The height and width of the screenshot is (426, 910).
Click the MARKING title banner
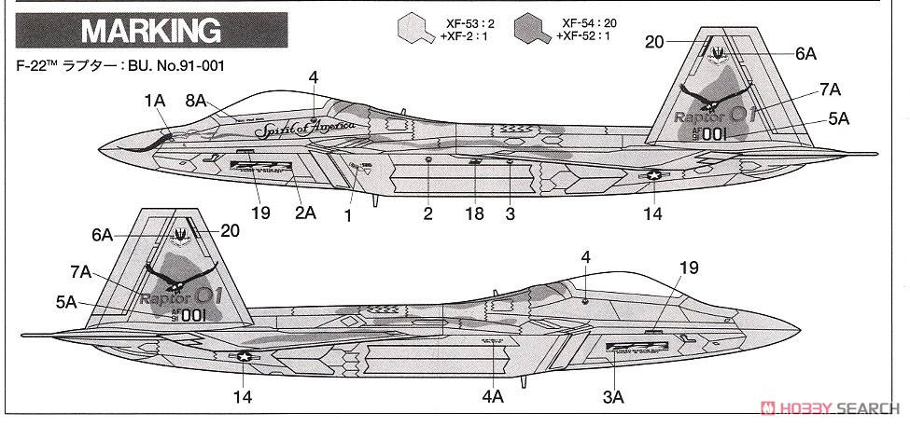click(x=150, y=31)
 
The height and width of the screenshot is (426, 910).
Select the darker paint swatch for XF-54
click(x=531, y=29)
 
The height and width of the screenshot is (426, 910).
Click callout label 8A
click(x=197, y=100)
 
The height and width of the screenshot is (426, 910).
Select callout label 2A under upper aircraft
click(x=305, y=213)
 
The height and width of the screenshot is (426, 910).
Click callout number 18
click(x=476, y=213)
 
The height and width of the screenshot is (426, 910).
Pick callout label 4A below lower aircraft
click(x=493, y=396)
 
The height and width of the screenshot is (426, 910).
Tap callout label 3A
click(x=612, y=396)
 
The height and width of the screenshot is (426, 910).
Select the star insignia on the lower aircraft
click(x=245, y=355)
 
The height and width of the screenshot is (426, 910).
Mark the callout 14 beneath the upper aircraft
click(x=652, y=213)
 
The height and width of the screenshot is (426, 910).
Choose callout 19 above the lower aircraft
click(x=688, y=267)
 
